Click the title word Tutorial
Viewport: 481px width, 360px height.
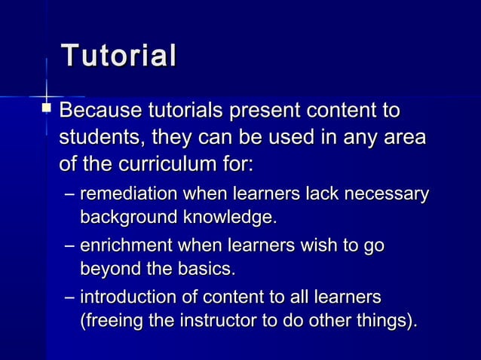click(118, 57)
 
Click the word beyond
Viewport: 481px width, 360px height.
click(109, 269)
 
